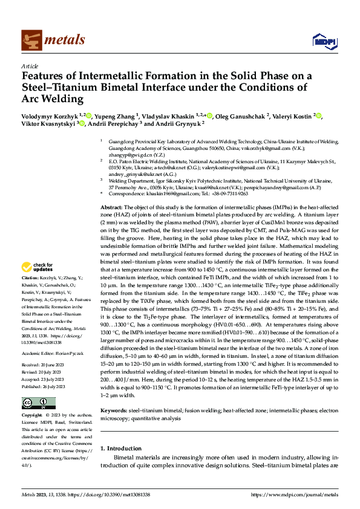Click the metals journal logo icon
pyautogui.click(x=31, y=41)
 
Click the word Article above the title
pyautogui.click(x=29, y=66)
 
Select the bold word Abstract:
pyautogui.click(x=113, y=207)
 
